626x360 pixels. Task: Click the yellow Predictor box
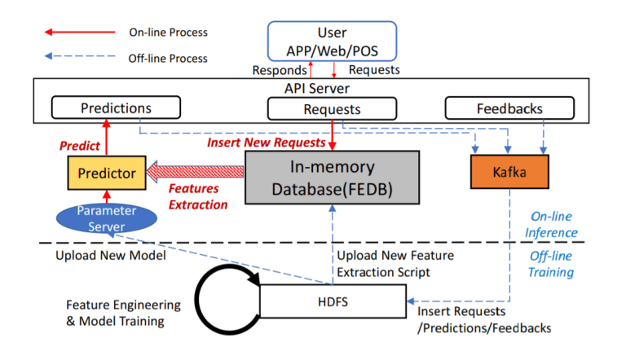[x=107, y=173]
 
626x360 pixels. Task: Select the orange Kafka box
[x=509, y=172]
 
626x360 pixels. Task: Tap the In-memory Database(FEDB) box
[x=333, y=178]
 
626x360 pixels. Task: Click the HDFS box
[x=333, y=301]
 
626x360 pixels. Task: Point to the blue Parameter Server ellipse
[x=106, y=218]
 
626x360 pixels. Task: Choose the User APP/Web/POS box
[x=333, y=42]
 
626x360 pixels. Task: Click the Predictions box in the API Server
[x=117, y=108]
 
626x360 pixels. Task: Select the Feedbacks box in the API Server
[x=509, y=108]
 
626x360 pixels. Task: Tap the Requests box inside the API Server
[x=333, y=108]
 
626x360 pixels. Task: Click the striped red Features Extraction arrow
[x=195, y=172]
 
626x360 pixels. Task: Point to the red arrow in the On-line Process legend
[x=80, y=32]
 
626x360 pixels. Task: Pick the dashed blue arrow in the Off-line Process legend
[x=80, y=56]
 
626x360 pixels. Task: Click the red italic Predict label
[x=80, y=146]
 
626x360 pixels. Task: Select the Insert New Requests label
[x=267, y=143]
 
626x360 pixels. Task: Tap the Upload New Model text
[x=111, y=256]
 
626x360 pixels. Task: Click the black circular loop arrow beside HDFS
[x=197, y=300]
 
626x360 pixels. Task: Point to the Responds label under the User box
[x=280, y=70]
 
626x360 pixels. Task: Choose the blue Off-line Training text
[x=551, y=264]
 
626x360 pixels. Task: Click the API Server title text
[x=317, y=88]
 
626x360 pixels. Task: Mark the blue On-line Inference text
[x=551, y=224]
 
